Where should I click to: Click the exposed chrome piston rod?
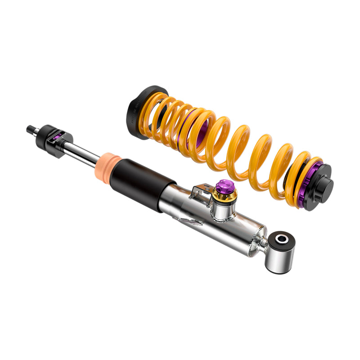[x=83, y=152]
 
